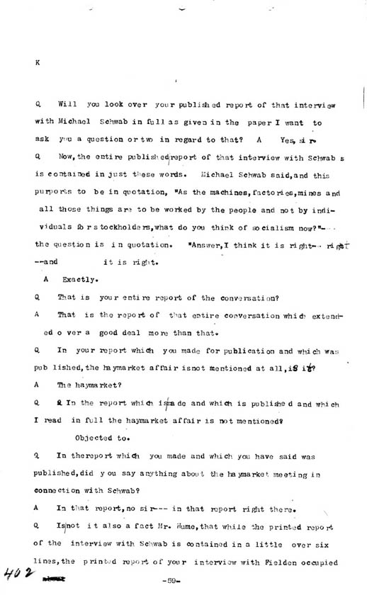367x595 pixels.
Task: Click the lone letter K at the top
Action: coord(38,62)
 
